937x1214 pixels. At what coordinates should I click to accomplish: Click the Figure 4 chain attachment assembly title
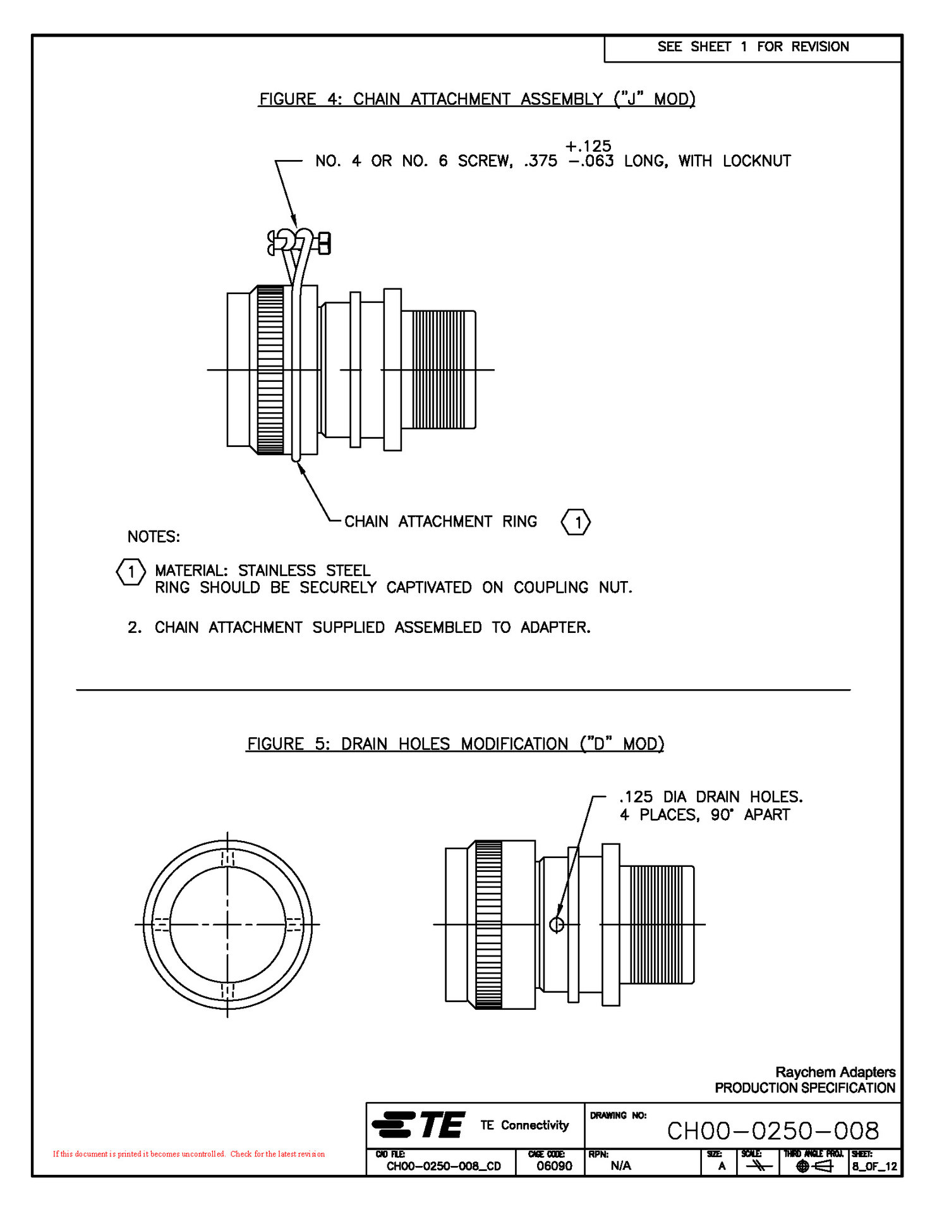coord(477,99)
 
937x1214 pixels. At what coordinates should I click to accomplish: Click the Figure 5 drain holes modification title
coord(455,744)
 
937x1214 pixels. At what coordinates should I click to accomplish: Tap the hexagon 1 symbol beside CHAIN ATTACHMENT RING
coord(576,522)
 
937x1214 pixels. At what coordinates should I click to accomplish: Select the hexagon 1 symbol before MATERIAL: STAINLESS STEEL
coord(131,572)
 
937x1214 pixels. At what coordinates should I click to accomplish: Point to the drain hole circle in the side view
coord(557,924)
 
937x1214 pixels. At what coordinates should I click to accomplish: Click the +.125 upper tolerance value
coord(588,146)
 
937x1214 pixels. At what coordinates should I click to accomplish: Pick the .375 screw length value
coord(541,161)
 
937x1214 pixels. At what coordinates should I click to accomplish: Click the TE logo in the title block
coord(419,1125)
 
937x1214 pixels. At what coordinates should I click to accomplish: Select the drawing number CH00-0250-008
coord(773,1131)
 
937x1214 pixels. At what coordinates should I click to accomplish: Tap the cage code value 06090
coord(554,1166)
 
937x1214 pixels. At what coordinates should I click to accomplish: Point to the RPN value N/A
coord(620,1166)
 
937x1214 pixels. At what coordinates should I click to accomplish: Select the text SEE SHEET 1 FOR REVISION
coord(753,47)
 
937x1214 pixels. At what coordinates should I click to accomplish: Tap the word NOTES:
coord(154,537)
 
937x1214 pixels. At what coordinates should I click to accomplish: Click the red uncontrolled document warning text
coord(188,1154)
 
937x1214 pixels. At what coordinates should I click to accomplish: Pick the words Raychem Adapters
coord(835,1072)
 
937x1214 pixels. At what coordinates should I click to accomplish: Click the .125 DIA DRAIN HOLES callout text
coord(711,797)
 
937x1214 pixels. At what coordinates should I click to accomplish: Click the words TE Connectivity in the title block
coord(524,1125)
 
